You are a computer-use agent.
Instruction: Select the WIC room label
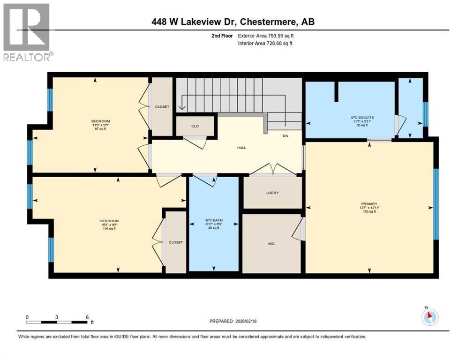point(271,244)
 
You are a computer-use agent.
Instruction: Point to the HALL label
point(241,148)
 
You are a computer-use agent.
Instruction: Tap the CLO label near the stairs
point(195,126)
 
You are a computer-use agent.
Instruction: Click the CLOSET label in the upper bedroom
point(162,107)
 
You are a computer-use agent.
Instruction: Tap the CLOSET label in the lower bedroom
point(176,242)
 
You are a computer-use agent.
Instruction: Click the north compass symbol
point(430,317)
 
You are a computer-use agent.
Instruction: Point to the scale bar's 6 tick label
point(87,317)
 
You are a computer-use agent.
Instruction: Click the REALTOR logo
point(27,32)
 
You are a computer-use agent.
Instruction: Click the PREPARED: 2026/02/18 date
point(234,321)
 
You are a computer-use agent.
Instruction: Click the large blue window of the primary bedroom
point(436,204)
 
